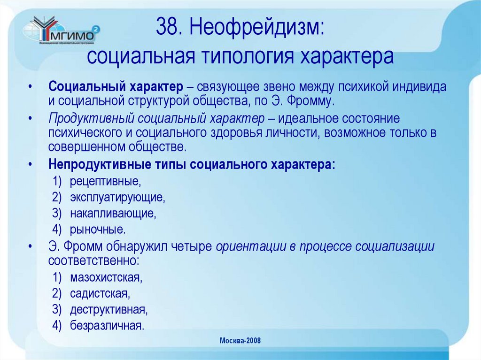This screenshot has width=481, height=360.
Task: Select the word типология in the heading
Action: [244, 56]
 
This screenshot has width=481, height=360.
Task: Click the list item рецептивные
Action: [105, 181]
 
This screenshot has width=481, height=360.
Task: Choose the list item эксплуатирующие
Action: [117, 197]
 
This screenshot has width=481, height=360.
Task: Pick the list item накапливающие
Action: [113, 214]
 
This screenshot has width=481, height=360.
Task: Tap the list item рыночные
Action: [98, 230]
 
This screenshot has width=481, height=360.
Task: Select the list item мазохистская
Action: [106, 277]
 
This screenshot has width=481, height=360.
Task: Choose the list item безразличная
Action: [107, 326]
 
